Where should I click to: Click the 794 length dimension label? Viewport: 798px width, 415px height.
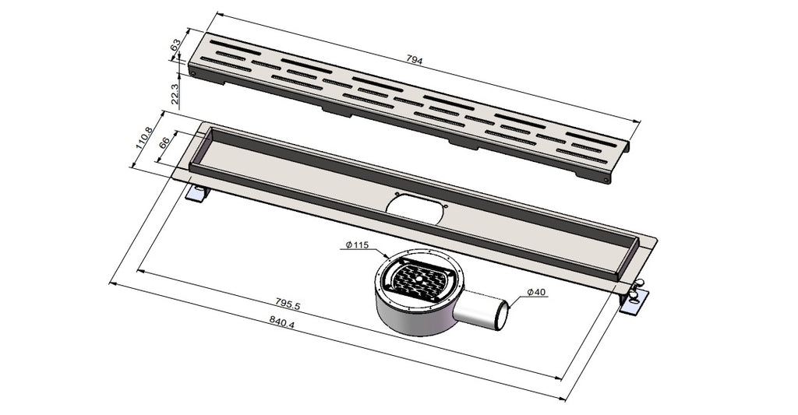point(415,60)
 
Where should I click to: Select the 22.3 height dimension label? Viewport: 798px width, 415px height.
point(175,94)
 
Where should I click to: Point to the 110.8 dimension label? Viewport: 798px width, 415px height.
point(144,137)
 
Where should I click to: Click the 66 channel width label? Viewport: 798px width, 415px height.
point(164,143)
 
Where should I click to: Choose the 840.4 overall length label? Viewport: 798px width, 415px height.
point(284,323)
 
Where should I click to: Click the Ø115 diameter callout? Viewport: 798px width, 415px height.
point(357,244)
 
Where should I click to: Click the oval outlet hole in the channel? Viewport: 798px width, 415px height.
point(414,209)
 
